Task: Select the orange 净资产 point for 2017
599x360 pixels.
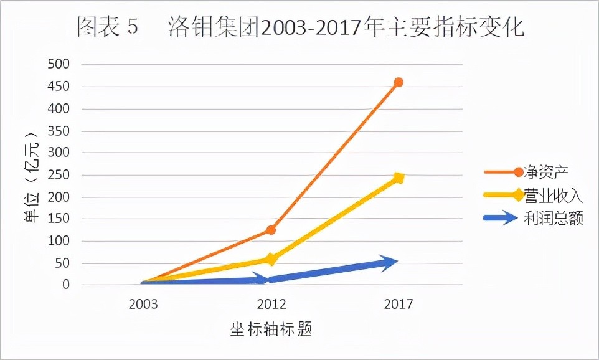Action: coord(399,82)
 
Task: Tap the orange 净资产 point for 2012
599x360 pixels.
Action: coord(271,230)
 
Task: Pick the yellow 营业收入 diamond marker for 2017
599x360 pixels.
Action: coord(399,178)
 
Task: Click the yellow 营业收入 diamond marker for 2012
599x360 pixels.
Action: coord(271,258)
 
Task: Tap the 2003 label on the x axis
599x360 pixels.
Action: coord(143,305)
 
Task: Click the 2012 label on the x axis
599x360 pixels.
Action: coord(271,305)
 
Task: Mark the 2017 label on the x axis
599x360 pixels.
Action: coord(399,305)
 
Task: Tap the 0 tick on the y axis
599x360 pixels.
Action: coord(67,285)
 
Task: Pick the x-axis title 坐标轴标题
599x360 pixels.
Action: coord(271,329)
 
